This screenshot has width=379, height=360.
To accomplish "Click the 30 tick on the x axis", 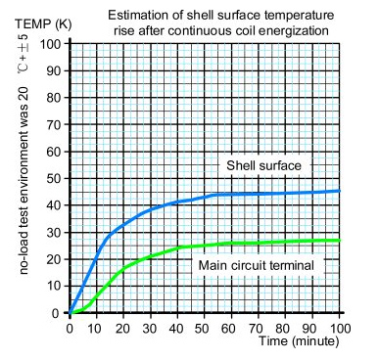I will pyautogui.click(x=151, y=327).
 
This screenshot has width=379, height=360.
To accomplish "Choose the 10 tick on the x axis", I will pyautogui.click(x=96, y=327).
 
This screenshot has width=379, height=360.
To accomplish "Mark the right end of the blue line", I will pyautogui.click(x=339, y=191).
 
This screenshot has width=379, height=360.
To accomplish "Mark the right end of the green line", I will pyautogui.click(x=339, y=240).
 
